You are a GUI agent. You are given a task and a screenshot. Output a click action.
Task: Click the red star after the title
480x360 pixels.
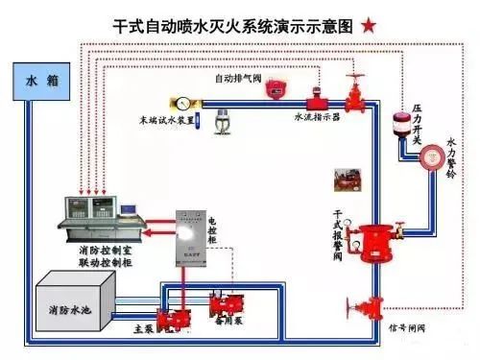tap(370, 26)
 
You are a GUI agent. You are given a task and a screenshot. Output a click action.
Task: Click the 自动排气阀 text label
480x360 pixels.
tap(237, 77)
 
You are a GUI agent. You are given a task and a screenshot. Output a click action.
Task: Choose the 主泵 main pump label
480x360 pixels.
tap(141, 327)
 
